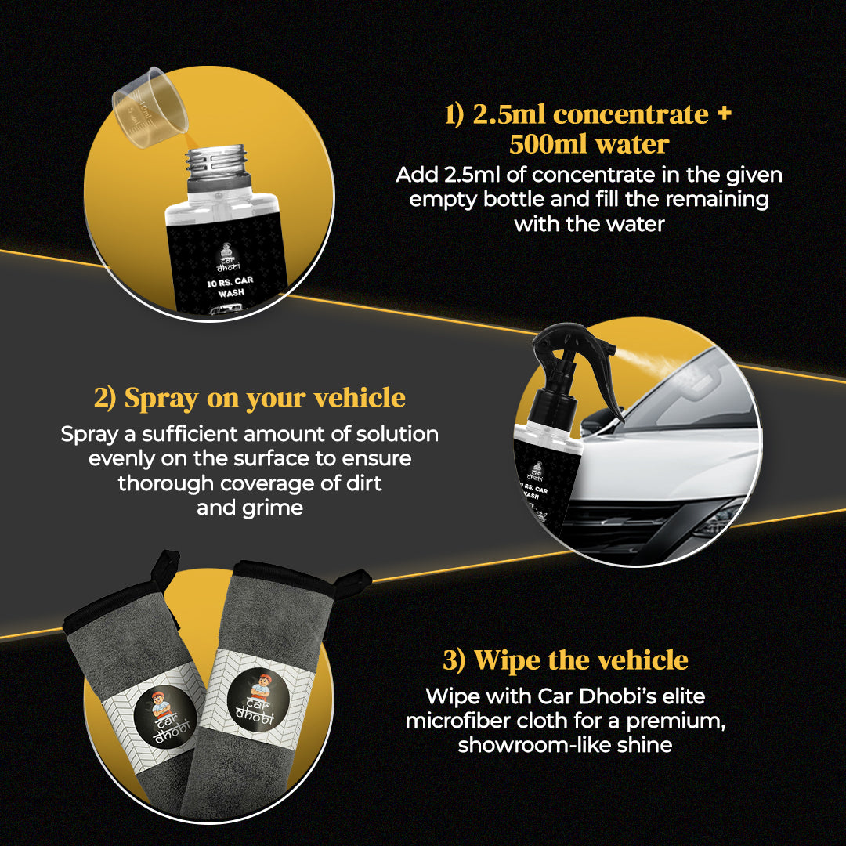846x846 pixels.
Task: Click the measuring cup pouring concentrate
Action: tap(150, 108)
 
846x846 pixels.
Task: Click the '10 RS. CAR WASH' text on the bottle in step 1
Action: tap(230, 287)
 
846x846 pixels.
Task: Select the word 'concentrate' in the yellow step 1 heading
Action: tap(631, 114)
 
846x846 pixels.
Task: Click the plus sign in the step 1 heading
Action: tap(724, 114)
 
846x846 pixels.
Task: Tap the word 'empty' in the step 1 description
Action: tap(443, 201)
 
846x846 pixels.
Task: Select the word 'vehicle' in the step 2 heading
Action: tap(360, 398)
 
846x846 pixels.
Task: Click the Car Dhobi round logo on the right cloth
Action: tap(258, 700)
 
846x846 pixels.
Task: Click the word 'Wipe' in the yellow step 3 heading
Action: tap(507, 661)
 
